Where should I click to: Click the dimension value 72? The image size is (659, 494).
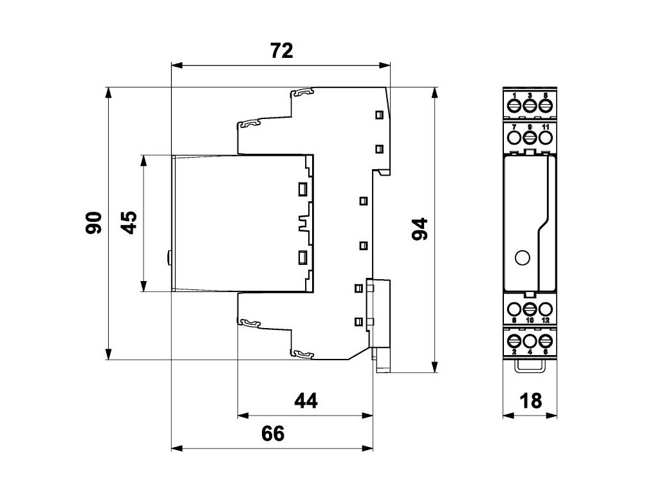(281, 51)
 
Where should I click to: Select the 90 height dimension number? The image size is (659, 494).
(95, 223)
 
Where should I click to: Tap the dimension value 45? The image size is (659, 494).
(129, 223)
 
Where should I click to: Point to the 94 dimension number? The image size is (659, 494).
(420, 228)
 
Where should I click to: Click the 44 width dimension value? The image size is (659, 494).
(306, 401)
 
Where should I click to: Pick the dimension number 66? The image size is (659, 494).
(272, 434)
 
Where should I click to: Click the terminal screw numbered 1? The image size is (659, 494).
(515, 105)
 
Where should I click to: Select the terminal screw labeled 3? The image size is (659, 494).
(530, 105)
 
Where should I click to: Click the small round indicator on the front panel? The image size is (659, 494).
(523, 259)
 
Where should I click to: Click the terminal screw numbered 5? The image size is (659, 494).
(545, 105)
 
